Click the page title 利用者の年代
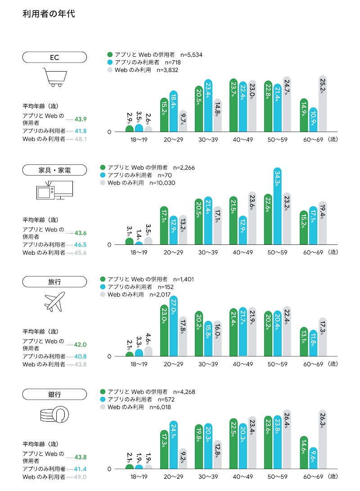pos(49,14)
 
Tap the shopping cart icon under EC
pos(54,77)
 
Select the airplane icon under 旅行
pos(54,302)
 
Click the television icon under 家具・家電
pos(54,190)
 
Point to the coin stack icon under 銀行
pos(54,415)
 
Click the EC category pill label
pos(54,57)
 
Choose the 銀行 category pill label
pos(54,395)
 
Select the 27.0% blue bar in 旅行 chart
pos(174,326)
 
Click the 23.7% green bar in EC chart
pos(234,105)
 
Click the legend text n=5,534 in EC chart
pos(191,54)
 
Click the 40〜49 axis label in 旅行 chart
pos(243,364)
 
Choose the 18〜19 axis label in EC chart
pos(139,140)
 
